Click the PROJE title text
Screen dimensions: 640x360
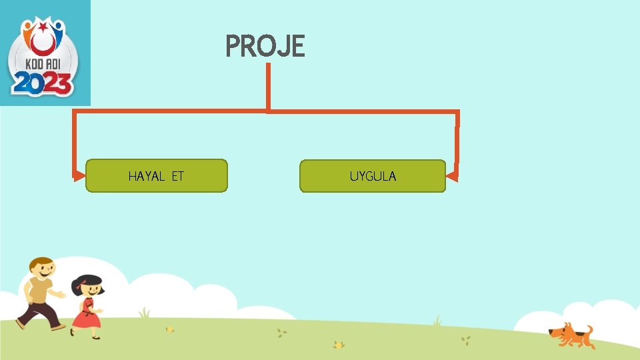265,47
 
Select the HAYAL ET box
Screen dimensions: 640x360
157,176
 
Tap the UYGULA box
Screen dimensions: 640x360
372,176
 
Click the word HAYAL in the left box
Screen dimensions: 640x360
146,177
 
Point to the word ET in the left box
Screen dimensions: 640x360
177,177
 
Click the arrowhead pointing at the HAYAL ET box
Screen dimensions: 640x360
79,176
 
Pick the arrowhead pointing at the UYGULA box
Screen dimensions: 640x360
452,177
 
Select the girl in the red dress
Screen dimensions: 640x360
87,307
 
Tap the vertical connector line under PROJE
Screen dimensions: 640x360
268,87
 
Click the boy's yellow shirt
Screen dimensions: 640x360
39,291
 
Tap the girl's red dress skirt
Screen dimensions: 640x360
86,319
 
